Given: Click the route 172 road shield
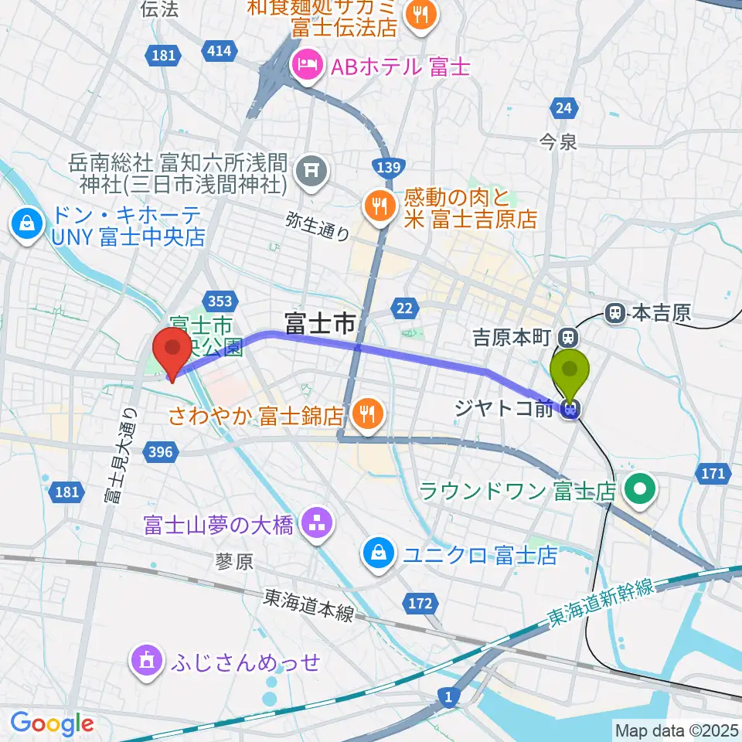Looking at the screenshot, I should coord(420,602).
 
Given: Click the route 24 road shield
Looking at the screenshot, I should coord(563,107).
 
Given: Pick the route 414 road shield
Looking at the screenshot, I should coord(218,52).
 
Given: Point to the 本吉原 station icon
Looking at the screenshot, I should coord(615,313).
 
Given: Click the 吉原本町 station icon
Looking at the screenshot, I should coord(568,337).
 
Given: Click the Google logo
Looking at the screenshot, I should coord(53,723).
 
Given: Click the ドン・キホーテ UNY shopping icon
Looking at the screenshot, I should coord(26,224).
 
